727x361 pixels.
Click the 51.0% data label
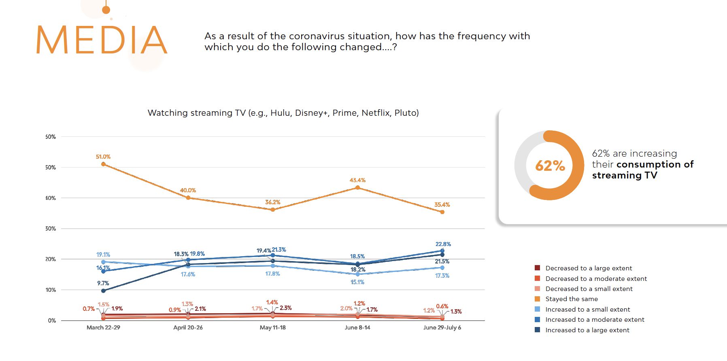click(103, 157)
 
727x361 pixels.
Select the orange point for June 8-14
click(357, 187)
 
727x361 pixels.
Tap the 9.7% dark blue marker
click(103, 291)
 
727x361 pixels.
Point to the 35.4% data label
click(442, 205)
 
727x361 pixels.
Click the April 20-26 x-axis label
click(188, 327)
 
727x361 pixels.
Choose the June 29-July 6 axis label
click(442, 327)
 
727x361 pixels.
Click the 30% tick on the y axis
click(51, 229)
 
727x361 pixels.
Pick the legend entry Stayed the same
click(571, 299)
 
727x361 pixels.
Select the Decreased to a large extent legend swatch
click(538, 268)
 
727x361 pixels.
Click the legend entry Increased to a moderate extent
click(595, 320)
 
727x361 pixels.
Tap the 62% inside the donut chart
click(550, 166)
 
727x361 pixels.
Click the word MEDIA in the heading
click(102, 40)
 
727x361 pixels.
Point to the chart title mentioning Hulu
click(283, 113)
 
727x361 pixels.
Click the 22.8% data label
click(443, 244)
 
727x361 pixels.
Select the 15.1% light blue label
click(357, 282)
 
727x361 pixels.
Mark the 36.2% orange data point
click(273, 210)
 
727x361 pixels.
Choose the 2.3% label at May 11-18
click(285, 308)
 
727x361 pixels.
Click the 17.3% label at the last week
click(442, 276)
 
